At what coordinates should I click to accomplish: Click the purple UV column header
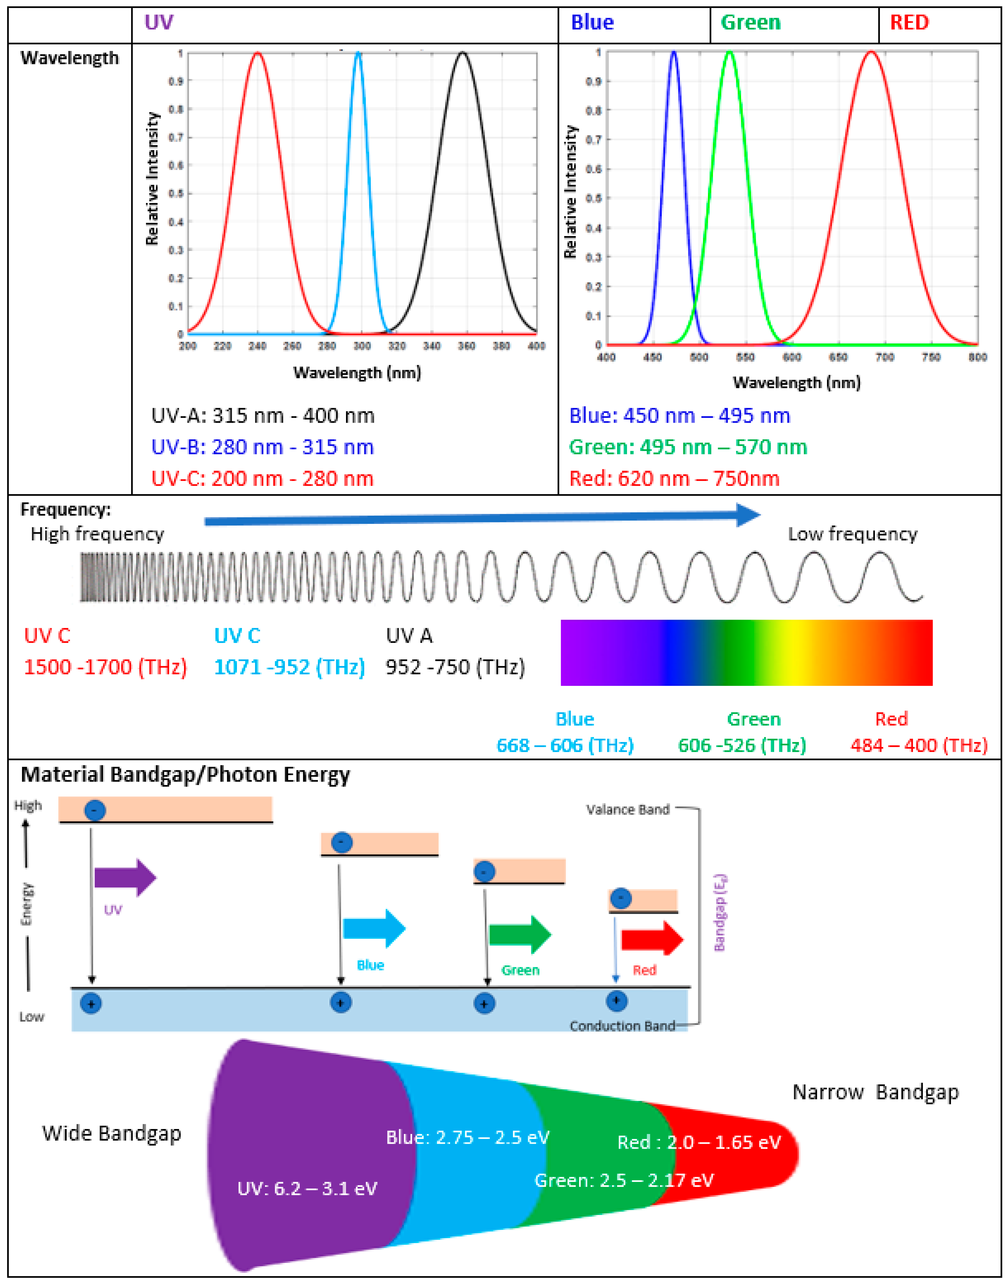pyautogui.click(x=159, y=22)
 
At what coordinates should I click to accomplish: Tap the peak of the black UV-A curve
pyautogui.click(x=463, y=53)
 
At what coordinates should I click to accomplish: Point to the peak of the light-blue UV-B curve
pyautogui.click(x=358, y=53)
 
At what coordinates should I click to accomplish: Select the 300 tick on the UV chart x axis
pyautogui.click(x=362, y=346)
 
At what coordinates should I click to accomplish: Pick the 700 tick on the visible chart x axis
pyautogui.click(x=885, y=357)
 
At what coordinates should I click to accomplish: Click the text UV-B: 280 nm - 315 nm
pyautogui.click(x=263, y=447)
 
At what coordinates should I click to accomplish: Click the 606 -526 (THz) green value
pyautogui.click(x=742, y=746)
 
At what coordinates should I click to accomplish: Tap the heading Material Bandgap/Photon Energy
pyautogui.click(x=185, y=774)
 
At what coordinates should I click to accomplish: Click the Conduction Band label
pyautogui.click(x=622, y=1026)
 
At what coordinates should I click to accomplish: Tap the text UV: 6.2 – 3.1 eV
pyautogui.click(x=307, y=1188)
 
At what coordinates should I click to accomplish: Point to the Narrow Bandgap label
pyautogui.click(x=875, y=1092)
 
